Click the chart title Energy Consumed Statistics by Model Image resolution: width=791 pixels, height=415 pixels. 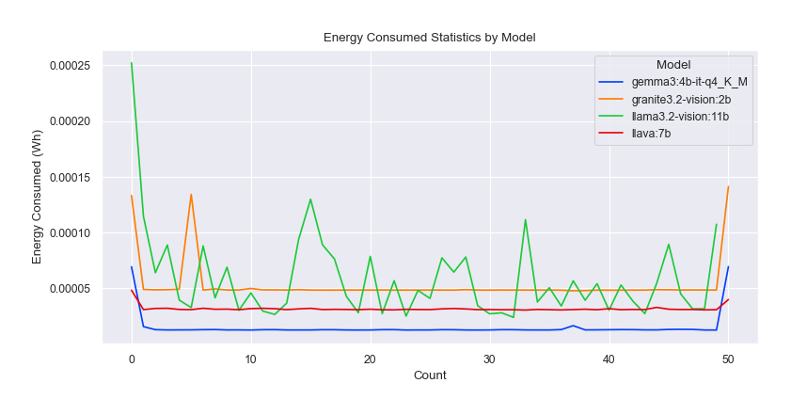point(429,38)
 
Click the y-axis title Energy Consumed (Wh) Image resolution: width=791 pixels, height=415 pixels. point(38,200)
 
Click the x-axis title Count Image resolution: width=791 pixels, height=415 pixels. point(430,375)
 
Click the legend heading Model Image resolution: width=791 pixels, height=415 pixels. point(673,65)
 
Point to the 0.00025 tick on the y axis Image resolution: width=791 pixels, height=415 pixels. point(77,66)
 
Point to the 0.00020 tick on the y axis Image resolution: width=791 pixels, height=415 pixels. point(77,121)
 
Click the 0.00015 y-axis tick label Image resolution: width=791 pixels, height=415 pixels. point(77,177)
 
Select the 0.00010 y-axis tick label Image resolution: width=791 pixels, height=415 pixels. point(77,233)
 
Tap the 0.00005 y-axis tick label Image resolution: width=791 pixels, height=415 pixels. point(77,289)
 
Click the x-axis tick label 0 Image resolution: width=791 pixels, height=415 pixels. point(132,359)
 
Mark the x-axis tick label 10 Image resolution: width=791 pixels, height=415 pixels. point(251,359)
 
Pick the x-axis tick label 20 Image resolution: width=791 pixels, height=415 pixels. point(370,359)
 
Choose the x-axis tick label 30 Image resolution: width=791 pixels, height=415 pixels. point(489,359)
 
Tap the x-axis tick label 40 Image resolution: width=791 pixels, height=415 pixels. point(609,359)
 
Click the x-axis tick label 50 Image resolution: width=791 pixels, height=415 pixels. point(728,359)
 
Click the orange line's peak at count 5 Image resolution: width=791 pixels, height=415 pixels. point(191,195)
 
